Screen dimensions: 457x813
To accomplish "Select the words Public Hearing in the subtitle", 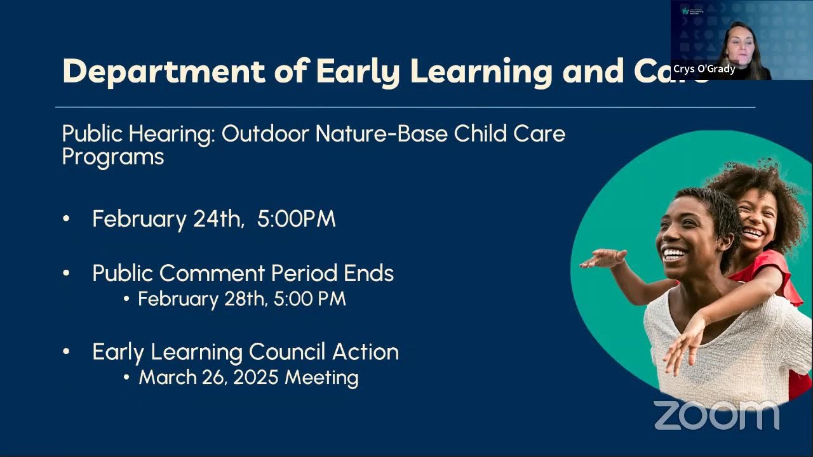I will click(x=138, y=134).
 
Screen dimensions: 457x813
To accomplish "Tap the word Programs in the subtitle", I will click(x=113, y=156).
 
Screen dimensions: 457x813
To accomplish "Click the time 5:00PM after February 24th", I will click(x=296, y=219).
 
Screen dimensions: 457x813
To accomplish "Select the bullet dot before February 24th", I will click(x=67, y=219).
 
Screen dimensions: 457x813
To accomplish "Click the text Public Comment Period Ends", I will click(x=243, y=274).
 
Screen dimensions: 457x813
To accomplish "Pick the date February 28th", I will click(x=203, y=299).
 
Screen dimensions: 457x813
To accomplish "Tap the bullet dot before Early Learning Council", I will click(x=67, y=352).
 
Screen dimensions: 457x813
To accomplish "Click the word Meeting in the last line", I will click(x=321, y=378).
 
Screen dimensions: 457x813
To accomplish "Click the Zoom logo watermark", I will click(x=716, y=416).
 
